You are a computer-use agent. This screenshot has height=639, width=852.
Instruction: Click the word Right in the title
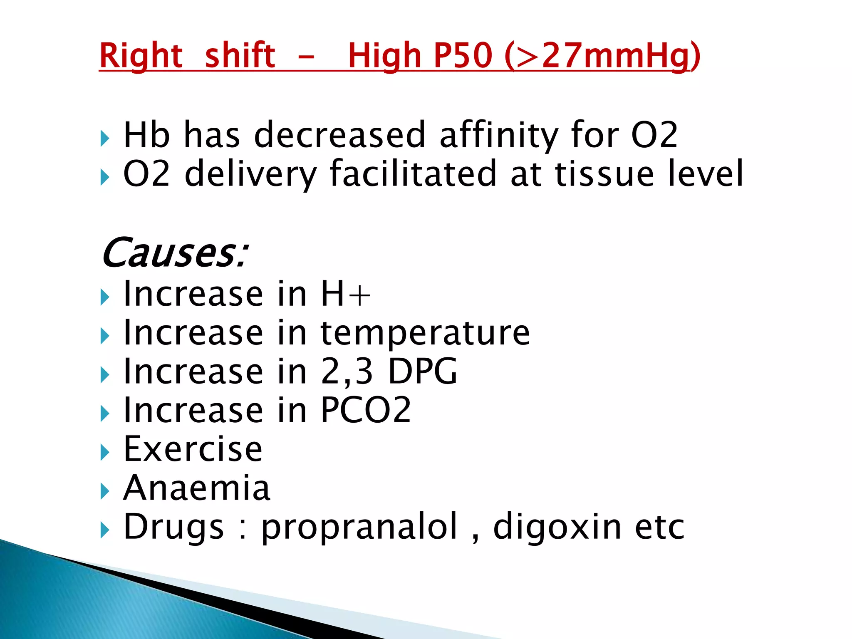click(141, 56)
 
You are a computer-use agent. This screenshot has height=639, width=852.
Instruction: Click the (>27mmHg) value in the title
click(602, 56)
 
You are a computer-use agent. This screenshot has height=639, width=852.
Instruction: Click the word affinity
click(498, 135)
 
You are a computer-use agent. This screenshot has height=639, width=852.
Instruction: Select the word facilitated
click(413, 173)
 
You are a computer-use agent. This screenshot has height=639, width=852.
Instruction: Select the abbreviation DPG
click(423, 372)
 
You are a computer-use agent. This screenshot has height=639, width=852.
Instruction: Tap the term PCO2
click(366, 410)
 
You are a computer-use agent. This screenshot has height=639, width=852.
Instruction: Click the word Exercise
click(193, 449)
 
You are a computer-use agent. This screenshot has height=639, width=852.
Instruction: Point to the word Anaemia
click(197, 488)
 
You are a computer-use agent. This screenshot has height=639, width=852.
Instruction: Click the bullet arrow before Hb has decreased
click(105, 138)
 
